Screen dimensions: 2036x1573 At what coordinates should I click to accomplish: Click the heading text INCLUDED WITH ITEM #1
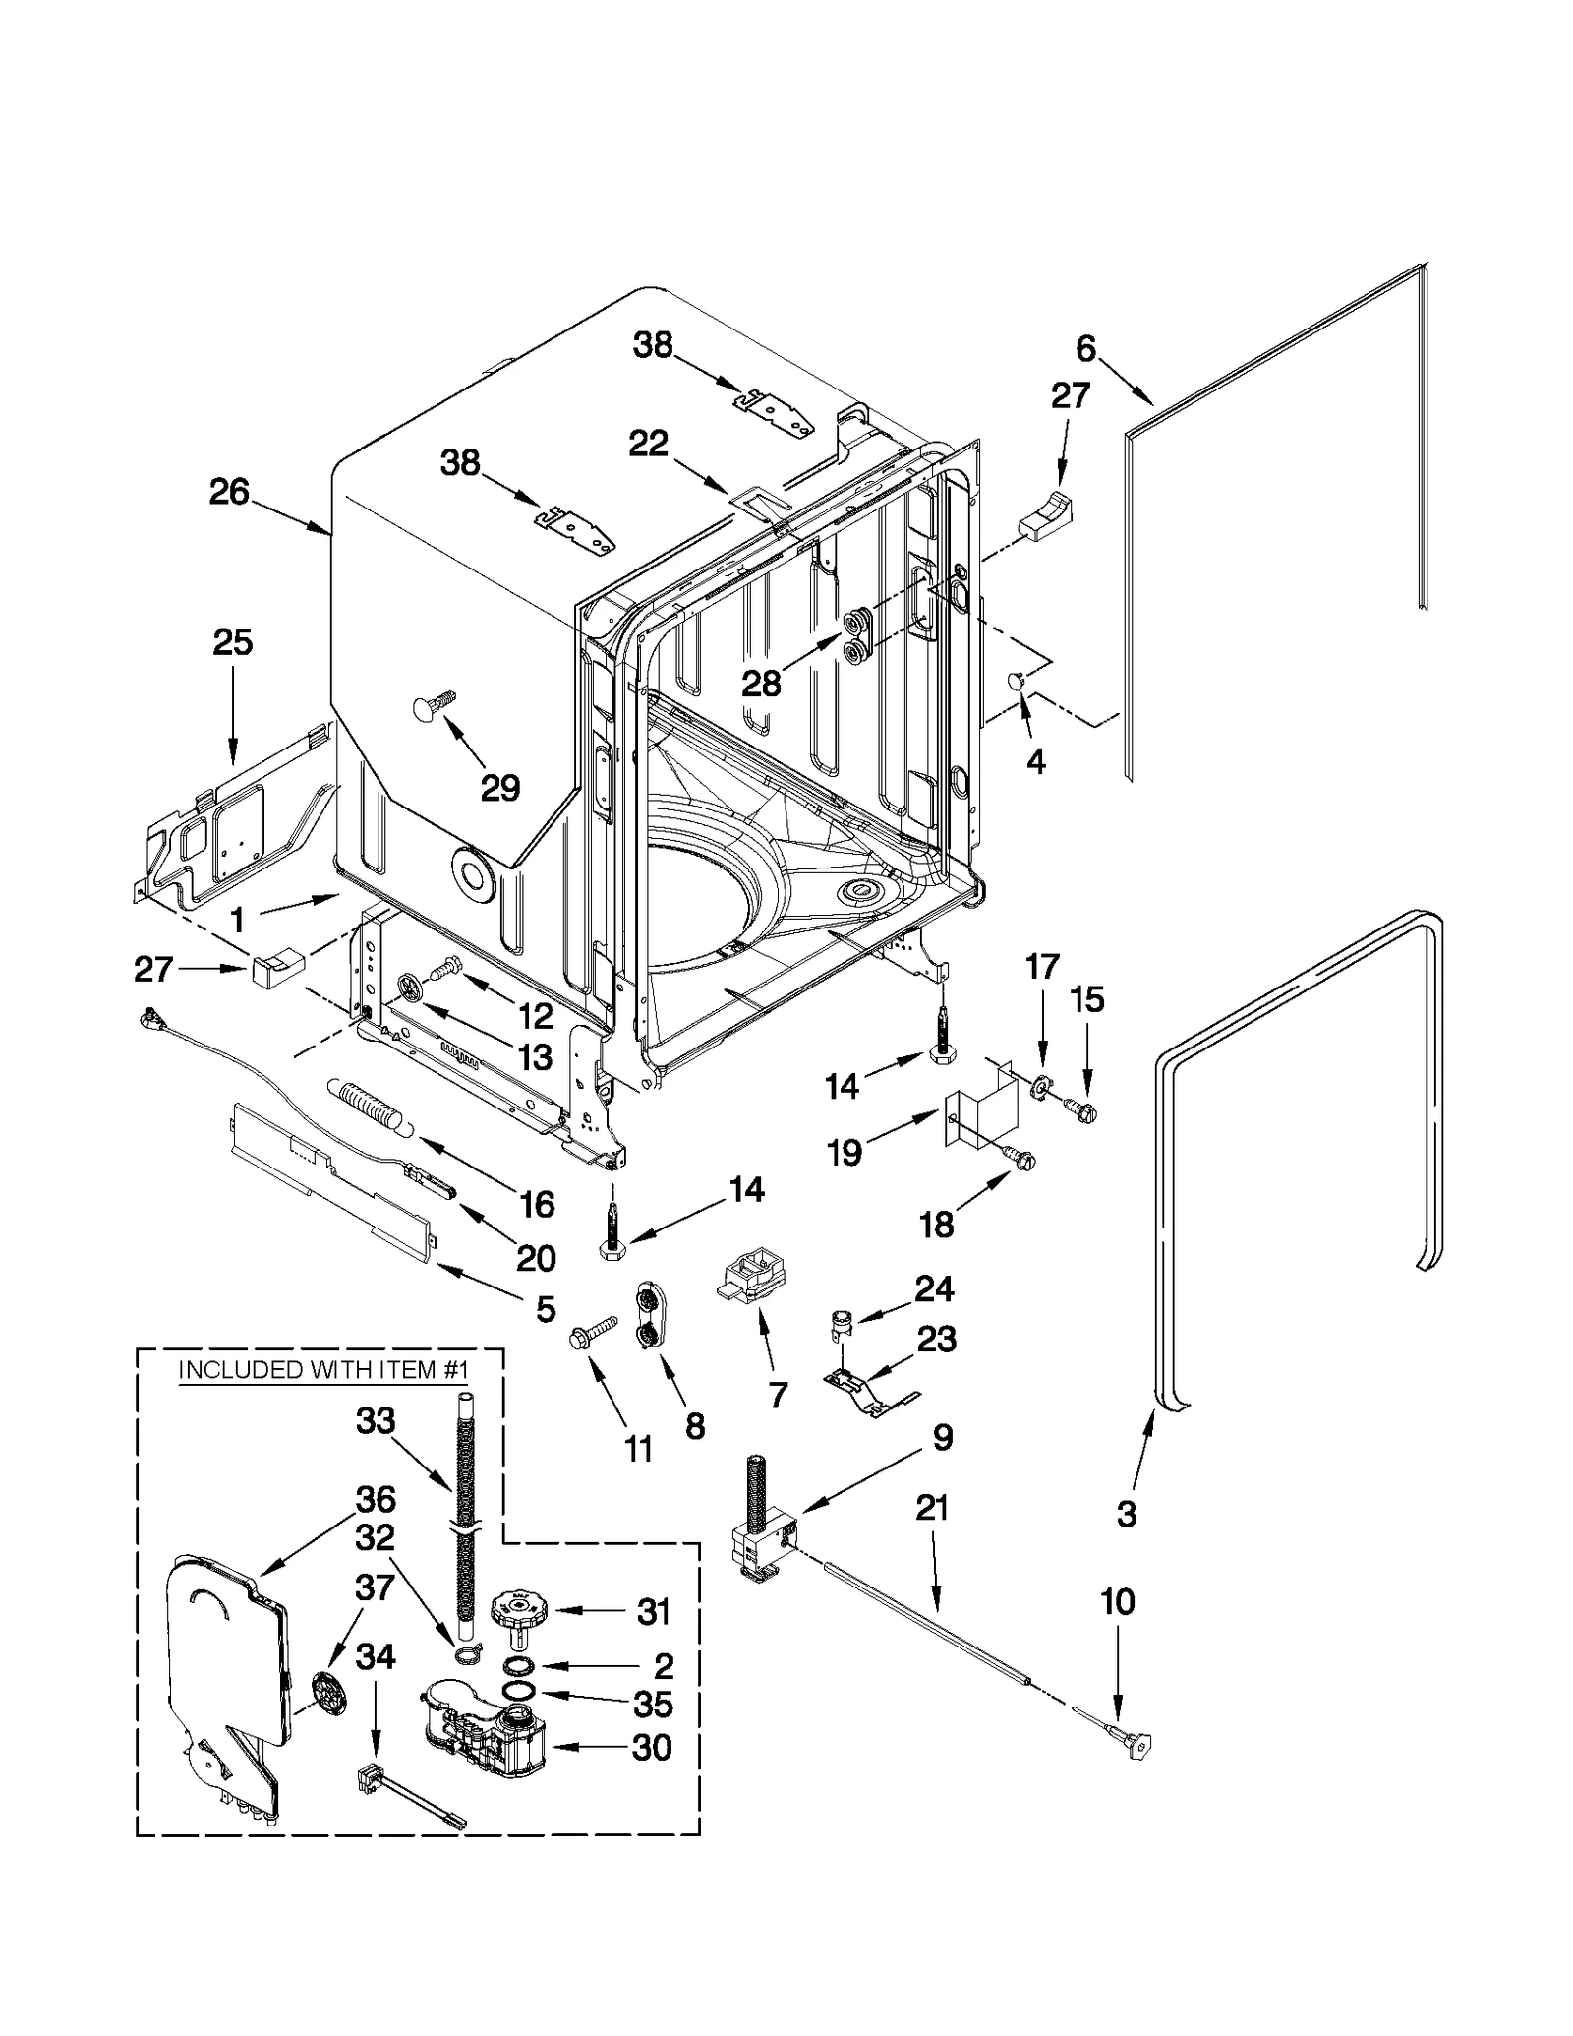323,1369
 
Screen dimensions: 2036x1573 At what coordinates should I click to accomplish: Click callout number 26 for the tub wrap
229,492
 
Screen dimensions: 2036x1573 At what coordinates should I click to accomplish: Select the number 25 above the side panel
233,642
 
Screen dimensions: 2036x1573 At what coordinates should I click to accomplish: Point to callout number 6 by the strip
1085,348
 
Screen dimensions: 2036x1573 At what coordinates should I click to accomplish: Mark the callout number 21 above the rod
931,1507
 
